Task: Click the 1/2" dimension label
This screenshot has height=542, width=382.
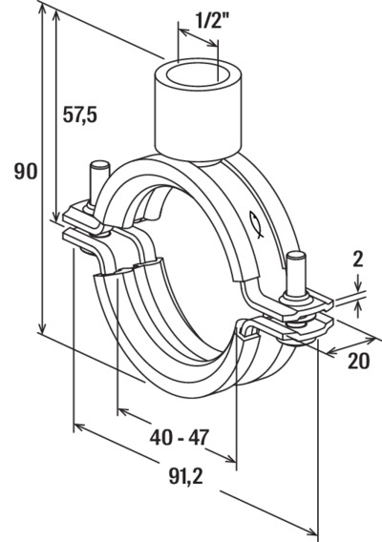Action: click(212, 20)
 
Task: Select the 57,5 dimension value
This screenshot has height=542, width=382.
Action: click(80, 115)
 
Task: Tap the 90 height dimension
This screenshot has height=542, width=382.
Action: click(26, 172)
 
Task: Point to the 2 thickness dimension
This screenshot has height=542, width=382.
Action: click(358, 260)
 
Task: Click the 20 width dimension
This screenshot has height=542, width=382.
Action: click(359, 361)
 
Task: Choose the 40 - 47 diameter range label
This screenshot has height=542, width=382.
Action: click(180, 437)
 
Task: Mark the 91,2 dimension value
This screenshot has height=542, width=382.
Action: click(186, 477)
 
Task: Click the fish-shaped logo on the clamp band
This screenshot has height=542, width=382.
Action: click(257, 224)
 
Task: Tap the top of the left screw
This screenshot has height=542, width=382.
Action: click(98, 165)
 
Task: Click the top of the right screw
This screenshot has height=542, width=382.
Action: click(297, 257)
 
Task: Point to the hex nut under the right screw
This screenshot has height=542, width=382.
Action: click(297, 298)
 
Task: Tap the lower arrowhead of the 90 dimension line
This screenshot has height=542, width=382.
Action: click(42, 327)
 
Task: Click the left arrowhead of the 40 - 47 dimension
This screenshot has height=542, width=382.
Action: click(123, 411)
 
